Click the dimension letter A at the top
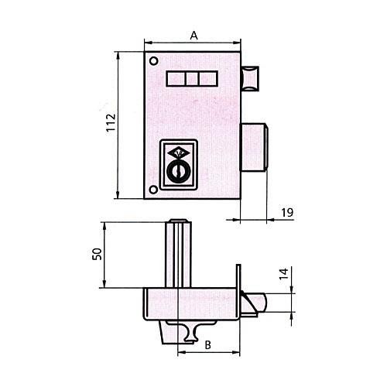pyautogui.click(x=193, y=36)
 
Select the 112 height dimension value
pyautogui.click(x=111, y=122)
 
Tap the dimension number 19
pyautogui.click(x=287, y=213)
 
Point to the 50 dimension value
pyautogui.click(x=98, y=254)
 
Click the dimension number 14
pyautogui.click(x=283, y=274)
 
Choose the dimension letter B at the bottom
pyautogui.click(x=207, y=345)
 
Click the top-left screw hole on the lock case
pyautogui.click(x=154, y=61)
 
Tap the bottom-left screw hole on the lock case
pyautogui.click(x=153, y=190)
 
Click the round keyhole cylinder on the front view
pyautogui.click(x=179, y=172)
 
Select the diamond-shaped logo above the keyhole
pyautogui.click(x=179, y=153)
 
